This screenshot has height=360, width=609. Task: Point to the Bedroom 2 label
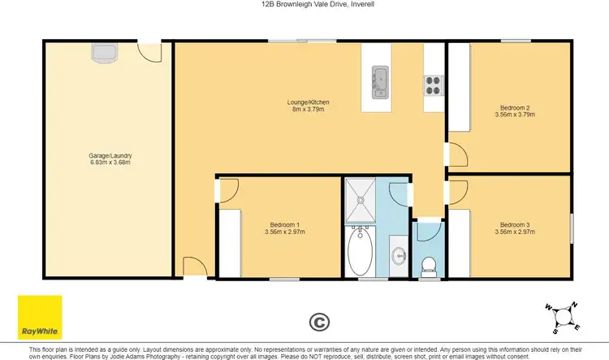click(x=515, y=111)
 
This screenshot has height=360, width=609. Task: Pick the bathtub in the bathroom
click(x=359, y=253)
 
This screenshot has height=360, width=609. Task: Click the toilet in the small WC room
click(x=428, y=265)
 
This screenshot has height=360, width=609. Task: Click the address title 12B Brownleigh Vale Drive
click(x=304, y=5)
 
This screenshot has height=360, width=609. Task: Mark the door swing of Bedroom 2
click(x=456, y=154)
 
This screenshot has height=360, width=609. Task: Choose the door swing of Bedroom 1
click(x=227, y=191)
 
